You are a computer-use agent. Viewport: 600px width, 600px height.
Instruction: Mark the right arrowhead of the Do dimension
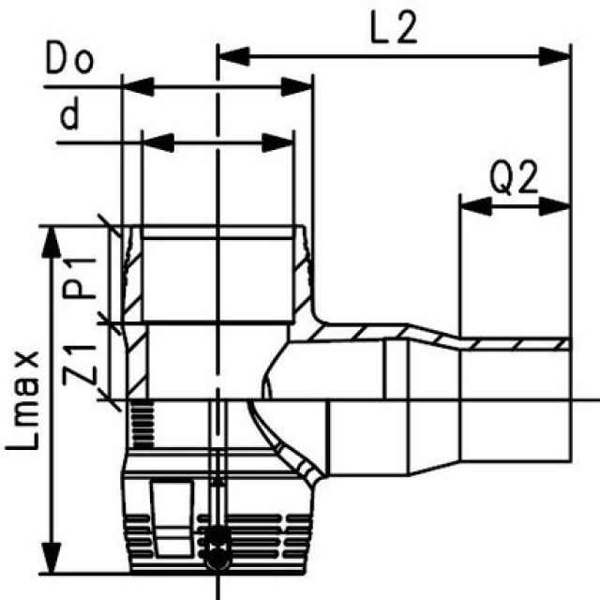tap(298, 88)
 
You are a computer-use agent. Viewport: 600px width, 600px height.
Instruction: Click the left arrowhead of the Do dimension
tap(137, 88)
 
